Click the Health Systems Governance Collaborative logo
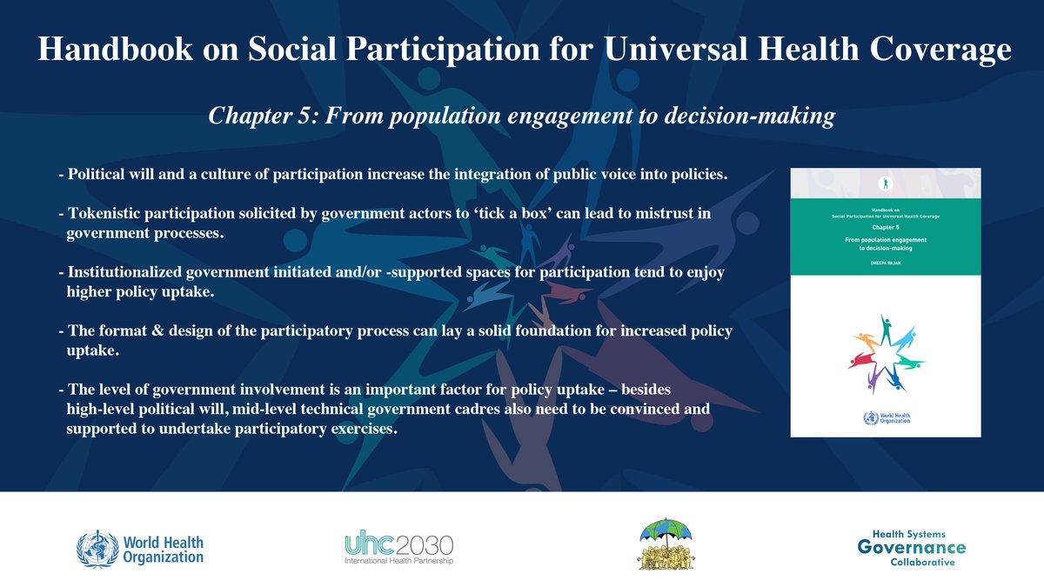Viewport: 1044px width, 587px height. pos(910,547)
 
